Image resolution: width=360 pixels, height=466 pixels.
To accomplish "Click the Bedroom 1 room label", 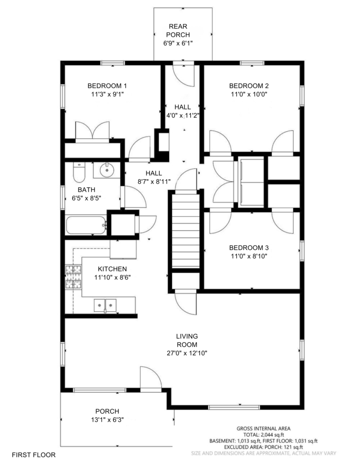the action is coord(107,86).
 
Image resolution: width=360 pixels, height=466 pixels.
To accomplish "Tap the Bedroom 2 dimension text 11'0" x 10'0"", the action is coord(249,95).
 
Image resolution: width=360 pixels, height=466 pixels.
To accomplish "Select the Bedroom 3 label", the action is coord(249,248).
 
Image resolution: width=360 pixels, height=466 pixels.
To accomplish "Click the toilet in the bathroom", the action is coord(79,172).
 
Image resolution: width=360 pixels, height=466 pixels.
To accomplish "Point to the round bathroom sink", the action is coord(106,170).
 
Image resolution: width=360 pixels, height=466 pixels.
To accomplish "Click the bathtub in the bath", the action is coord(86,225).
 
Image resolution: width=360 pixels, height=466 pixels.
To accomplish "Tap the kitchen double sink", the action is coord(105,305).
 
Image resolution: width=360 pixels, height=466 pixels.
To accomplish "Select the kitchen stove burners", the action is coord(73,277).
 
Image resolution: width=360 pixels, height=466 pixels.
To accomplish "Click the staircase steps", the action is coord(186,231).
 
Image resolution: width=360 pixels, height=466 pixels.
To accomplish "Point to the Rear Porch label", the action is coord(178,30).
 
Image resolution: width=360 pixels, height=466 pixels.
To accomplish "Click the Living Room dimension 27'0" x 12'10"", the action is coord(187,353).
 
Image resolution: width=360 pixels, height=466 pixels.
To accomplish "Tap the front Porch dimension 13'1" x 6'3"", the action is coord(107,420).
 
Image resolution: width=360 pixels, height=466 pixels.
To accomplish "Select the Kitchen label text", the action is coord(112,269).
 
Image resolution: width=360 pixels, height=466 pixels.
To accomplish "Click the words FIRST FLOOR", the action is coord(34,455).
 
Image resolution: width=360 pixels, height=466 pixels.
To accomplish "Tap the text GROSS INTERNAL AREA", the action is coord(264,429).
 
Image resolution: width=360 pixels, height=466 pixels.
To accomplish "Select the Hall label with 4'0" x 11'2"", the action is coord(183,111).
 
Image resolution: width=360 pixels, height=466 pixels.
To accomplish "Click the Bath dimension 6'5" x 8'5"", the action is coord(86,198).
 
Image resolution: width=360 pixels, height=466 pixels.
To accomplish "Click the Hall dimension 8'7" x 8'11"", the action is coord(154,182).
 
